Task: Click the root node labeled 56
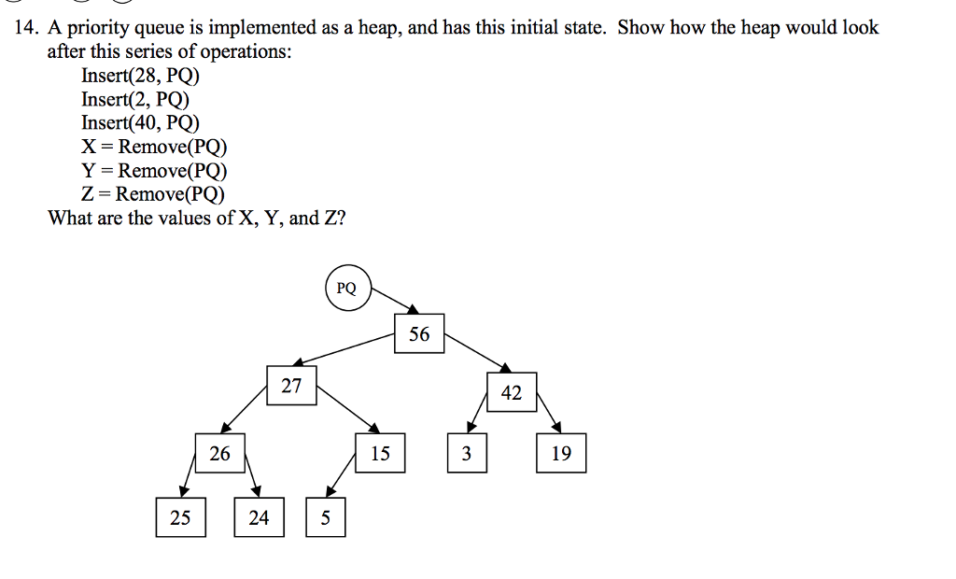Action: pos(419,333)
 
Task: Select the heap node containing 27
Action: pos(292,386)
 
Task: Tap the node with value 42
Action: pos(511,392)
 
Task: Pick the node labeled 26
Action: pos(219,454)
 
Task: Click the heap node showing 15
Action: pos(380,454)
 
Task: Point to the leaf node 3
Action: pos(467,454)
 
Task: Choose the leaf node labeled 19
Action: pos(561,454)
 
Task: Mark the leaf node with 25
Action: pos(180,517)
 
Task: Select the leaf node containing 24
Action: pos(259,517)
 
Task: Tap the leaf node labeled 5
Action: pos(325,517)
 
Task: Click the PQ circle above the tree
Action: pos(346,288)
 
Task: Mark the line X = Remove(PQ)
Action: pos(154,147)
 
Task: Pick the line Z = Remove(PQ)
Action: pos(153,194)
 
